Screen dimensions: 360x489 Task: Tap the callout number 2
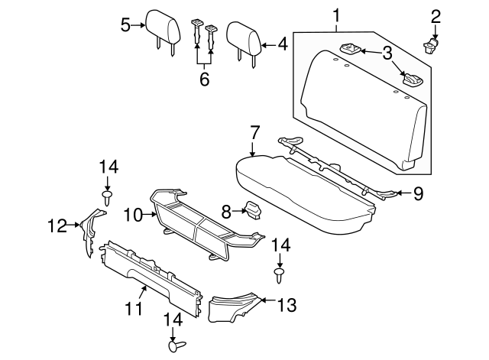coord(436,16)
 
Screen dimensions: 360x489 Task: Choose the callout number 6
coord(204,79)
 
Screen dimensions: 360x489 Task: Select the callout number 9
coord(418,194)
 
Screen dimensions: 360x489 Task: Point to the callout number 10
coord(133,216)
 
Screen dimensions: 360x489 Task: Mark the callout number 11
coord(134,309)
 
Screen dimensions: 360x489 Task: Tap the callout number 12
coord(57,225)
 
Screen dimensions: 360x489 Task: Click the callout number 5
coord(126,26)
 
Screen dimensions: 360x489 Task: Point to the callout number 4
coord(282,45)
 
